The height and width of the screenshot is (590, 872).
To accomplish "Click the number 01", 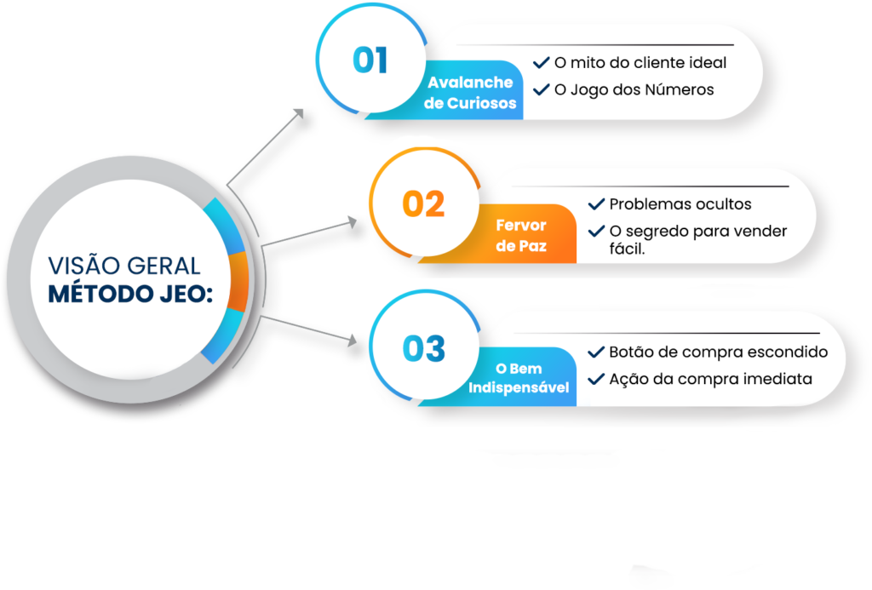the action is click(x=370, y=60).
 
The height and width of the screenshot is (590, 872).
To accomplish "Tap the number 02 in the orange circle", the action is click(x=424, y=204).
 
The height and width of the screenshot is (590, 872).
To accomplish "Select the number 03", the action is click(x=424, y=349).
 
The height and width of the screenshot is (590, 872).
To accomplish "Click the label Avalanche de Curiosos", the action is click(x=470, y=93).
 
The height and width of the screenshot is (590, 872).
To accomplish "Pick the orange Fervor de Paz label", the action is click(x=521, y=235).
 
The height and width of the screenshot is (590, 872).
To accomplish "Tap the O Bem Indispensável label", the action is click(x=519, y=377).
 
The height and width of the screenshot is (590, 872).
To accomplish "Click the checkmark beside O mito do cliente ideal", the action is click(x=541, y=62).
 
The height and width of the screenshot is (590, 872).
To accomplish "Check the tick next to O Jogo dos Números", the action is click(x=541, y=89).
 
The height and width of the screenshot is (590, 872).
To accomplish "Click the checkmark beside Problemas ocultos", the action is click(x=596, y=204).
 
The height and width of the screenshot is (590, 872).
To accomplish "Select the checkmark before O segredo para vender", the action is click(x=596, y=231).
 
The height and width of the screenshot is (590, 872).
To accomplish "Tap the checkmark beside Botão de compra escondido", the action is click(x=596, y=352).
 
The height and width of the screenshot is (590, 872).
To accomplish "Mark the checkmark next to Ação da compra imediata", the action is click(x=596, y=379).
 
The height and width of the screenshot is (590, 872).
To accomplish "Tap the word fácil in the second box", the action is click(x=628, y=249).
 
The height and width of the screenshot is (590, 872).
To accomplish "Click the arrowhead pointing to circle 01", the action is click(x=299, y=113).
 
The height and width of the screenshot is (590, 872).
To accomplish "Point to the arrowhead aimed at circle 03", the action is click(x=352, y=340).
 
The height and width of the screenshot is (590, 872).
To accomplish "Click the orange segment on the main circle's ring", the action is click(x=238, y=281).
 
